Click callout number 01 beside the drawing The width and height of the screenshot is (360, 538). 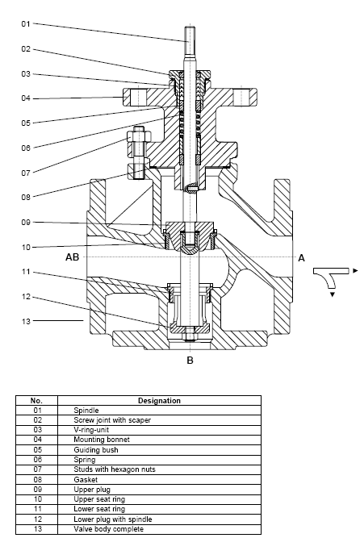[26, 23]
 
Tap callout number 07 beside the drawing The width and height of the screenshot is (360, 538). [26, 173]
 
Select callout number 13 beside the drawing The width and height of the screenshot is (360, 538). [26, 322]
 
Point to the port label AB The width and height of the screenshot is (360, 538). [72, 257]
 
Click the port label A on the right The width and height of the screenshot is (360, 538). [301, 258]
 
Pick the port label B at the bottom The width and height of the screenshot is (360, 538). [190, 361]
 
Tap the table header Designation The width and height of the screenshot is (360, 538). [159, 400]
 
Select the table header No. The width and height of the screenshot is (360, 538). [36, 400]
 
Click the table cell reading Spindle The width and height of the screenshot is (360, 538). [86, 411]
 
